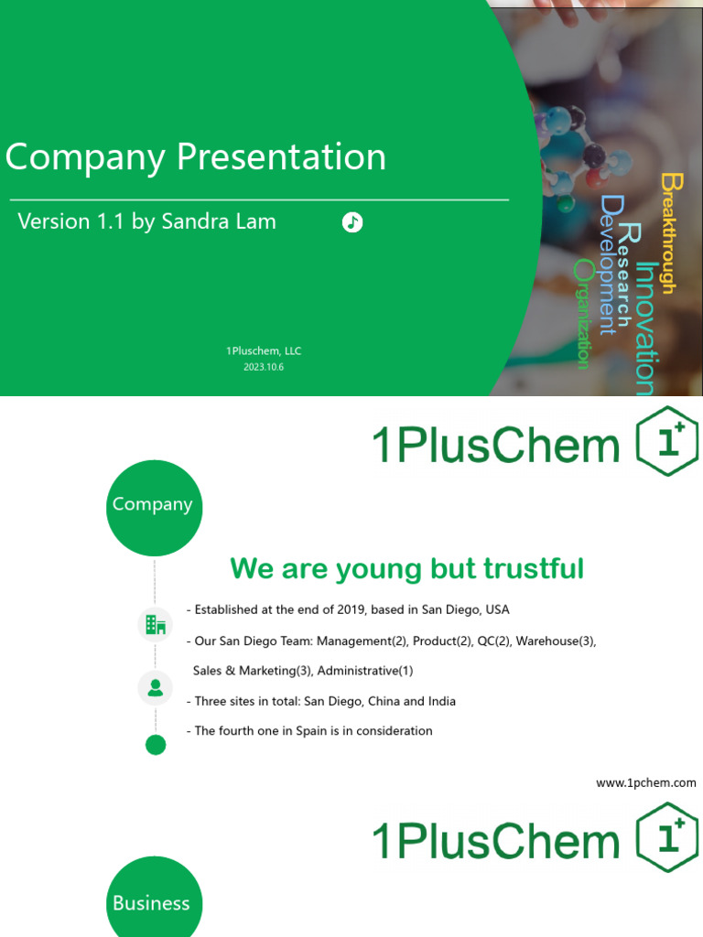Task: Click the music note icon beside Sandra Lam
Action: click(x=352, y=222)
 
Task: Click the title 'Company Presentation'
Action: click(x=196, y=156)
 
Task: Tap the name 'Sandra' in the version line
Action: click(x=194, y=221)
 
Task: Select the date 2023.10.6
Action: click(x=263, y=367)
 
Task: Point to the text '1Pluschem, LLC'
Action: click(x=263, y=350)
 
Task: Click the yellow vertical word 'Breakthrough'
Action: click(x=669, y=232)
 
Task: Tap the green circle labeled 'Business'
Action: click(x=153, y=902)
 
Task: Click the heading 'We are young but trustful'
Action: click(x=406, y=568)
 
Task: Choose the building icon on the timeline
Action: click(x=156, y=626)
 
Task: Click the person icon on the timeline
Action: click(x=156, y=687)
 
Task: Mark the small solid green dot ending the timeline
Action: click(x=156, y=745)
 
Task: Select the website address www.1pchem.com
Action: click(x=645, y=782)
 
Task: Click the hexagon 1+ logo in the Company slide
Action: click(x=666, y=442)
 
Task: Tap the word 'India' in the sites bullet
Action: click(x=439, y=701)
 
